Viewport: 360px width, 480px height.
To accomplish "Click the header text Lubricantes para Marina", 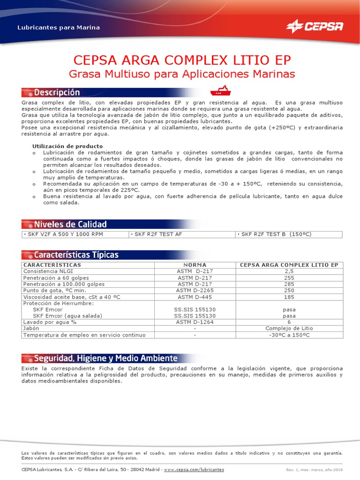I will (59, 28).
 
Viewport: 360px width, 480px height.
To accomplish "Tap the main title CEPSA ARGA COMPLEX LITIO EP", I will (182, 60).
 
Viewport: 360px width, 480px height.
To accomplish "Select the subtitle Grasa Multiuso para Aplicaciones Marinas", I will (182, 74).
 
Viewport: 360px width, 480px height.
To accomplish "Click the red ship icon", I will (220, 90).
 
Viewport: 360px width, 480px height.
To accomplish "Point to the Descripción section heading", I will (57, 92).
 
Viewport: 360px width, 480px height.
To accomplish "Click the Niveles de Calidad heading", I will (70, 224).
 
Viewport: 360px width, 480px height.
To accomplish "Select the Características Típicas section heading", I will (76, 255).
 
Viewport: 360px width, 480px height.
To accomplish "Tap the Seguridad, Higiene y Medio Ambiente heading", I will (105, 358).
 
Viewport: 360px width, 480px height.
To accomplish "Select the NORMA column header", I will (195, 265).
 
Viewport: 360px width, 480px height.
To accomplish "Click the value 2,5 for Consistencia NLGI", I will (289, 271).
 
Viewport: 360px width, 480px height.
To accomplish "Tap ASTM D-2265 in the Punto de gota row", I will (195, 291).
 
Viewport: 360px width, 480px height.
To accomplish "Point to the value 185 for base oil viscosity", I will (289, 297).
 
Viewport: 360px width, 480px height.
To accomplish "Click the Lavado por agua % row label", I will (50, 322).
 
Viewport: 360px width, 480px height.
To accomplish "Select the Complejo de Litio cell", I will (289, 329).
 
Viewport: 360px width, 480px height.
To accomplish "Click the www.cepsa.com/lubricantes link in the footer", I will (194, 469).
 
